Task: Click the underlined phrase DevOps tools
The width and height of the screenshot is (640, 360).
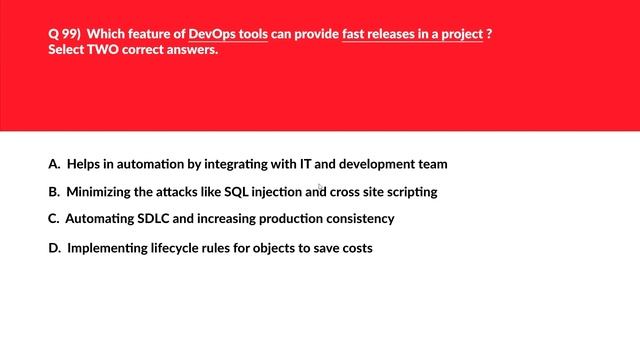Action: coord(228,33)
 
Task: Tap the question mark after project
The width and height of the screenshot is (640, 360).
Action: coord(489,33)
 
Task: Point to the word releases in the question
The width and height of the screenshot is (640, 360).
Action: coord(391,33)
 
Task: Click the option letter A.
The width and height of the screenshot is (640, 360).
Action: coord(53,163)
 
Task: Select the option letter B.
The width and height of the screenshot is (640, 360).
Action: coord(53,191)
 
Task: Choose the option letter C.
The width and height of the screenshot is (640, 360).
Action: coord(53,218)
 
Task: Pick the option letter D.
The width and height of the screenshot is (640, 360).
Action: coord(54,248)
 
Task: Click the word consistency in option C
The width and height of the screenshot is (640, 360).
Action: coord(361,218)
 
